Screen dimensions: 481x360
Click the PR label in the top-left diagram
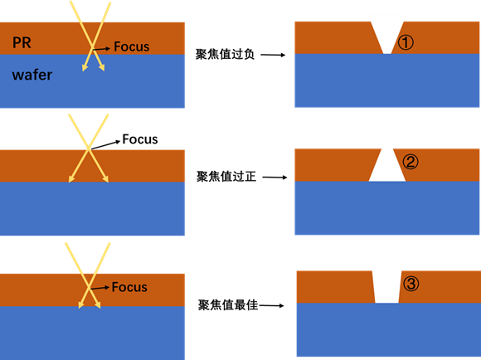(x=22, y=42)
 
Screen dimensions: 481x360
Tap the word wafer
(x=32, y=75)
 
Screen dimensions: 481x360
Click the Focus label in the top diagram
(x=132, y=46)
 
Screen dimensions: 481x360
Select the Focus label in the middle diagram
(x=140, y=139)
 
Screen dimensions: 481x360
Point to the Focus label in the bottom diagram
(x=129, y=287)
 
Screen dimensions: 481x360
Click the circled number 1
(x=406, y=42)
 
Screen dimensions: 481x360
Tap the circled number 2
(x=411, y=162)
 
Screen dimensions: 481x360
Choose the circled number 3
(x=411, y=284)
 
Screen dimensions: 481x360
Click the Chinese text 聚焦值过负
(x=226, y=54)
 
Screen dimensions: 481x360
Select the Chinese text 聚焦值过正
(x=226, y=177)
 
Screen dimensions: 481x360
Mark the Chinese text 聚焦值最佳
(x=228, y=305)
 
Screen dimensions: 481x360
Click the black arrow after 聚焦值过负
(x=273, y=55)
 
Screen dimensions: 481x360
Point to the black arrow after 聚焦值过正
(x=275, y=177)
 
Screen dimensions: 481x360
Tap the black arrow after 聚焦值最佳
(x=271, y=306)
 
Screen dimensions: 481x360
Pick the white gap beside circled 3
(x=386, y=287)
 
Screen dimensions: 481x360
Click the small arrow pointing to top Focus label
(x=101, y=49)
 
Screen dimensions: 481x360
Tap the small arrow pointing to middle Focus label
(x=106, y=145)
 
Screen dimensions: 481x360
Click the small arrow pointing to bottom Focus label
(x=100, y=288)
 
